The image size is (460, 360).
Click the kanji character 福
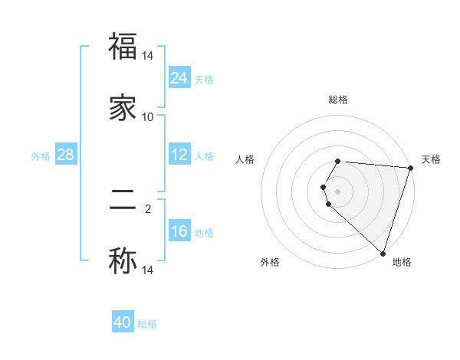(123, 47)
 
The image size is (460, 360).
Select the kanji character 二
(123, 201)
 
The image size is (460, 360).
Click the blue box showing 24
(179, 77)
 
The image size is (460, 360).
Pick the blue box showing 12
(179, 155)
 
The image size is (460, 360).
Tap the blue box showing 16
(179, 231)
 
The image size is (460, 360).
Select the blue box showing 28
(65, 155)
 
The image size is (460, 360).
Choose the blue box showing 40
(123, 322)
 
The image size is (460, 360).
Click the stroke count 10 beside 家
(148, 117)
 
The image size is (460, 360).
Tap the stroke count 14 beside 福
(148, 56)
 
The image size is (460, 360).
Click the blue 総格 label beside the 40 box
(147, 324)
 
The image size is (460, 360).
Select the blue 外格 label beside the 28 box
(41, 155)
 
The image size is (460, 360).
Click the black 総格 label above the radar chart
(338, 100)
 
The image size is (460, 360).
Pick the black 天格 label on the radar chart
(431, 159)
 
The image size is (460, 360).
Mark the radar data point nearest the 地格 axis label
(383, 253)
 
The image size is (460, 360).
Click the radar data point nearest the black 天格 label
(410, 167)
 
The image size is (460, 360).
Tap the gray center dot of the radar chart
(338, 191)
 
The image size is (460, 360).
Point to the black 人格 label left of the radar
(245, 159)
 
